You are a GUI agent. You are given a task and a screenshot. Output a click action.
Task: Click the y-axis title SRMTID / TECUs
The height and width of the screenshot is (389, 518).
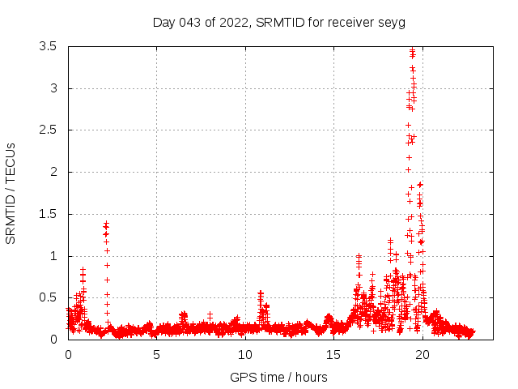(x=11, y=193)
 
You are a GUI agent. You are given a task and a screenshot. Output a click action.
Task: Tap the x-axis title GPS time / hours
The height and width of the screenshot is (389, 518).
(x=278, y=377)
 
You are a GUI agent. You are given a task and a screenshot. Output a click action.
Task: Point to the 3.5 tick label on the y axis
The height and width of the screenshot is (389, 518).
(x=47, y=46)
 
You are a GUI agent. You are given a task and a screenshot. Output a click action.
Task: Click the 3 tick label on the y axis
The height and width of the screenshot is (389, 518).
(x=53, y=88)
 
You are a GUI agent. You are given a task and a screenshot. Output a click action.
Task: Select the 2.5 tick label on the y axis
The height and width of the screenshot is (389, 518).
(x=47, y=130)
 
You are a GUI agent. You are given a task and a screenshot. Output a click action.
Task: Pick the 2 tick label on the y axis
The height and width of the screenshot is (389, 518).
(x=53, y=172)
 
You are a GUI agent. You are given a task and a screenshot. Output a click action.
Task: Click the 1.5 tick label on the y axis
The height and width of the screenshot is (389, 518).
(x=47, y=214)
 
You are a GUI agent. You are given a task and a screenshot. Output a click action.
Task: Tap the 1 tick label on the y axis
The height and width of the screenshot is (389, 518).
(x=53, y=256)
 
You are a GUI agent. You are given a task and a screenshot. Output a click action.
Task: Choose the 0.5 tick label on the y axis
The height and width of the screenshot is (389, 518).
(x=47, y=297)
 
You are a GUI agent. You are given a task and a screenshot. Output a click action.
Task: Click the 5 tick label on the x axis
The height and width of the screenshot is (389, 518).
(x=156, y=354)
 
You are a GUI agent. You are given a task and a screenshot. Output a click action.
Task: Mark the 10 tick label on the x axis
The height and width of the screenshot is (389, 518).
(x=244, y=354)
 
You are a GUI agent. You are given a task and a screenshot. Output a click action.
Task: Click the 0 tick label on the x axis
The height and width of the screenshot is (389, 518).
(x=68, y=354)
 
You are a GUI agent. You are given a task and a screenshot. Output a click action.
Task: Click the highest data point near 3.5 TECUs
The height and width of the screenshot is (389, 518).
(x=412, y=49)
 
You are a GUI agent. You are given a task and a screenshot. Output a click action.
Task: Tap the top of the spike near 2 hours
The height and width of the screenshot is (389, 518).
(x=106, y=223)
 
